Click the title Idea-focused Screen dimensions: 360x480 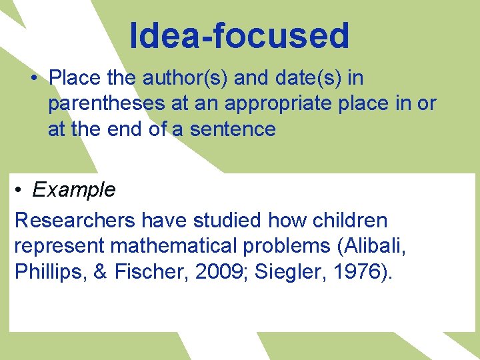pyautogui.click(x=239, y=36)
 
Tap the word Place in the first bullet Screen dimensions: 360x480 pyautogui.click(x=73, y=79)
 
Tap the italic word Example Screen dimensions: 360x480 pyautogui.click(x=73, y=190)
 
